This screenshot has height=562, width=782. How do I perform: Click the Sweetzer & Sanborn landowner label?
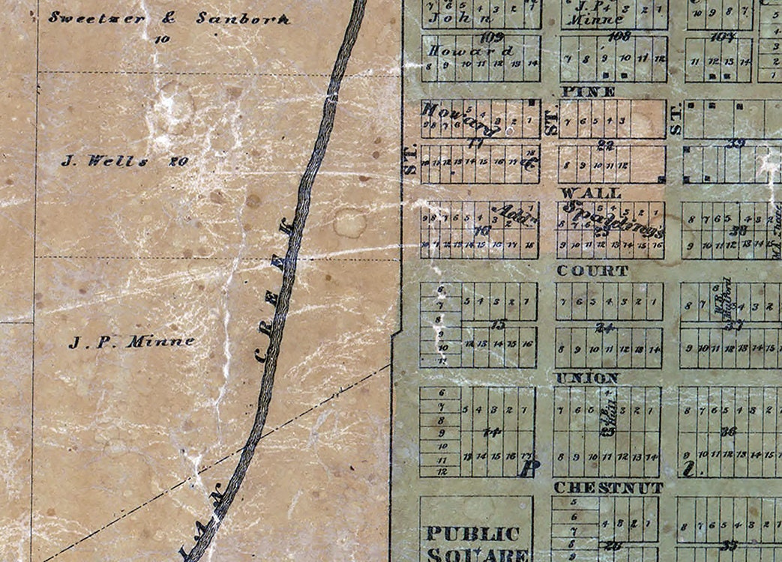click(169, 18)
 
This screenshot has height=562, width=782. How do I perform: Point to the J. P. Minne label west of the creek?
click(132, 342)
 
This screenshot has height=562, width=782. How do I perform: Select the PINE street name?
click(588, 91)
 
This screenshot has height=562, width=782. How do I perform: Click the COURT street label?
click(592, 271)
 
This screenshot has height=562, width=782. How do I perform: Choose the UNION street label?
click(587, 378)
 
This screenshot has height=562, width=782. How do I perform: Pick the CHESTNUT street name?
click(608, 488)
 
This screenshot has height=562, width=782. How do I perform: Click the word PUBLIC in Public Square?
click(473, 534)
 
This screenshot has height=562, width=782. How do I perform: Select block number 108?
click(619, 35)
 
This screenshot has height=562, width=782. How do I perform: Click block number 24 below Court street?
click(605, 327)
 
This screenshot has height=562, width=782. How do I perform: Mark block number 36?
click(727, 432)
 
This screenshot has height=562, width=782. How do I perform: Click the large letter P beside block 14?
click(529, 468)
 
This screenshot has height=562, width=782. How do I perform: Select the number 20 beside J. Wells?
click(178, 160)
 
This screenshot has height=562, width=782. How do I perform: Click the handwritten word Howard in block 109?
click(470, 51)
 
